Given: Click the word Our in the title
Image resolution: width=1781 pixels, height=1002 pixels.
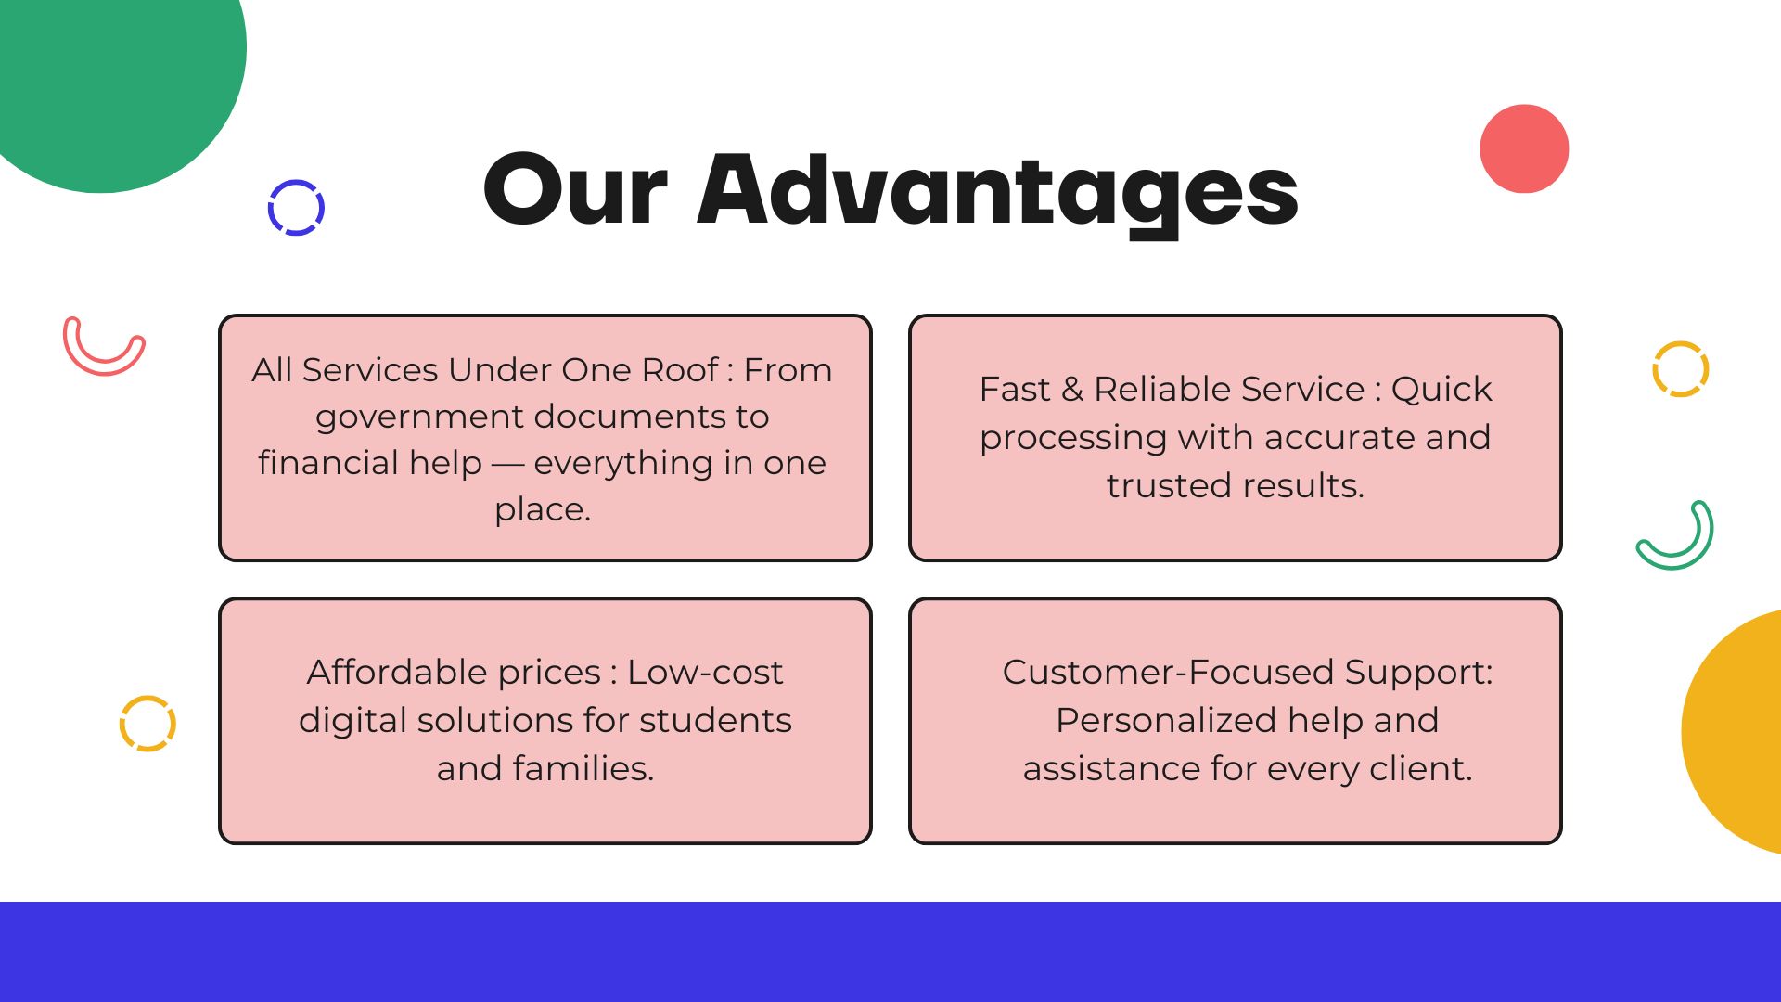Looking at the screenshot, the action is click(x=575, y=190).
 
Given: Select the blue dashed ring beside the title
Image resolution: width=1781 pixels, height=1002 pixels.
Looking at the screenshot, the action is click(x=296, y=207).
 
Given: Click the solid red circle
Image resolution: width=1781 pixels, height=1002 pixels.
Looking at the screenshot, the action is click(x=1524, y=148).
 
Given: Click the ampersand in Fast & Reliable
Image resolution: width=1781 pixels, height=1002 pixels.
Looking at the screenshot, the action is click(x=1072, y=389).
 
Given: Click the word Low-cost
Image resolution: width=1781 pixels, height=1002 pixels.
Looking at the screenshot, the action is click(x=705, y=672).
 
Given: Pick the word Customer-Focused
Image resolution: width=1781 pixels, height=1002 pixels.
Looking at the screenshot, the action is click(x=1168, y=672).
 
